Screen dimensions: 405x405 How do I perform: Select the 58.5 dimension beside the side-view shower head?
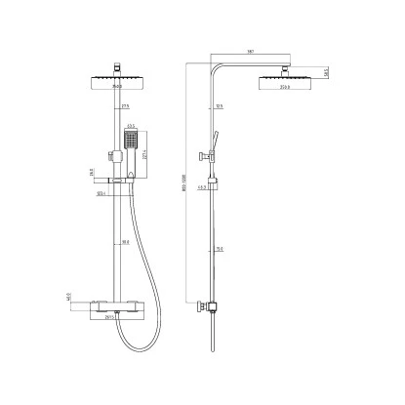325,72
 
